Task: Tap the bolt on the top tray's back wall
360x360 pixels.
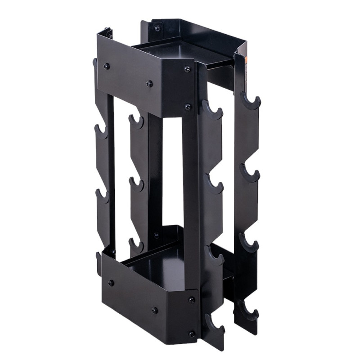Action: pos(157,28)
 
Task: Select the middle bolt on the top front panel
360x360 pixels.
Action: pos(149,84)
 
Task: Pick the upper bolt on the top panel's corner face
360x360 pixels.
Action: pos(187,69)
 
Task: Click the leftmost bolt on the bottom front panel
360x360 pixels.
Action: pos(111,283)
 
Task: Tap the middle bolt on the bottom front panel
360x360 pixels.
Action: pos(154,310)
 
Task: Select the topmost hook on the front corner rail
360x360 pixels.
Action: pos(212,110)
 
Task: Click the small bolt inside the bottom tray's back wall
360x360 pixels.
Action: pos(156,235)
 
